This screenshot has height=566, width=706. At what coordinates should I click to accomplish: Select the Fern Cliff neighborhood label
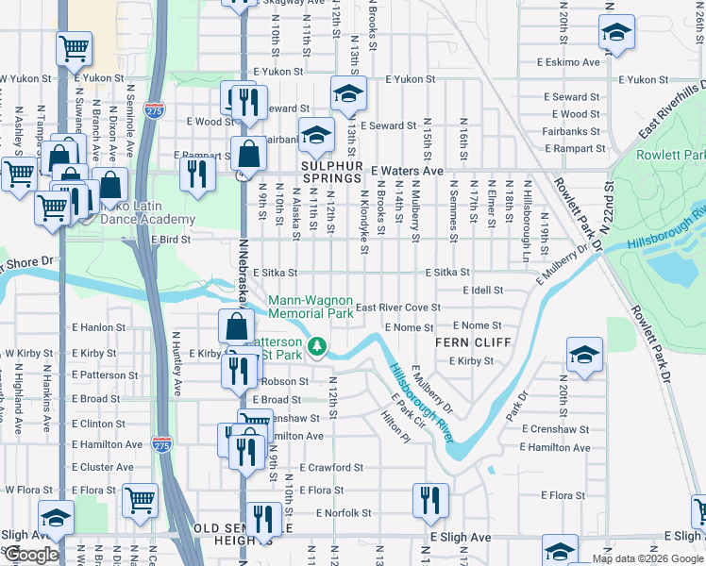[464, 342]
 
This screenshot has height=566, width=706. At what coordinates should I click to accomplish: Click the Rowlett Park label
[671, 155]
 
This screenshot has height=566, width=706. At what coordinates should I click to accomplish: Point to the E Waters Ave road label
[407, 171]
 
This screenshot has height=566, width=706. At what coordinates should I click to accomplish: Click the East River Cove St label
[398, 308]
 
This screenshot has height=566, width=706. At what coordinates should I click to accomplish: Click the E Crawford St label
[331, 468]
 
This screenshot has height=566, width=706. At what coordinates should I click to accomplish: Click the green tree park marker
[319, 347]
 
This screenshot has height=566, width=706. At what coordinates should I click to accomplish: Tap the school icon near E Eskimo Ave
[616, 35]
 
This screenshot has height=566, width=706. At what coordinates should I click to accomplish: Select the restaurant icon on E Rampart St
[197, 173]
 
